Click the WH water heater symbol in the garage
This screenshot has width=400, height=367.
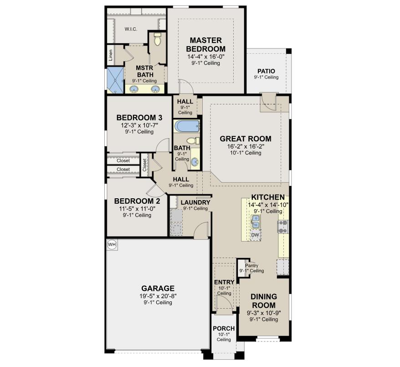pos(112,245)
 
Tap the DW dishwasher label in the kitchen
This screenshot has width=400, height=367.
pos(256,235)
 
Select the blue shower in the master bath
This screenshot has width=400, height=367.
pos(115,79)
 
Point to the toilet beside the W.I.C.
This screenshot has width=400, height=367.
pos(158,41)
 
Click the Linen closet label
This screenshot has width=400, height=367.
pos(111,55)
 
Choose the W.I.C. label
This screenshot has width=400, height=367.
pos(131,29)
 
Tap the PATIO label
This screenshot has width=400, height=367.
pos(266,71)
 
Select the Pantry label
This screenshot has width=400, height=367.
pos(251,265)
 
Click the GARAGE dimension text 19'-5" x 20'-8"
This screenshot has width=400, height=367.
pos(158,296)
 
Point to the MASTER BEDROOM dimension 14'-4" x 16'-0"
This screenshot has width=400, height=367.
pos(205,57)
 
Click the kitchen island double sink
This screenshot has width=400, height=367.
pos(256,222)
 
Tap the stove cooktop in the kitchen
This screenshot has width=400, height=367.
pos(283,225)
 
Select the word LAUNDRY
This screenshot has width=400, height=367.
pos(195,202)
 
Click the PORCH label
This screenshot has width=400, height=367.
pos(224,329)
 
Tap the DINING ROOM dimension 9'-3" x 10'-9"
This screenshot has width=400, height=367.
pos(263,313)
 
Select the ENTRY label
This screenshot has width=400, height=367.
pos(224,283)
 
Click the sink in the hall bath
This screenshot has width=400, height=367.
pos(195,161)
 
